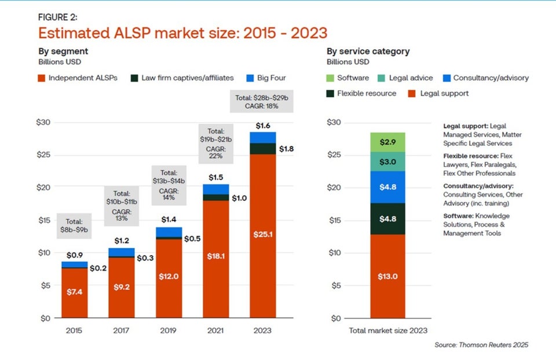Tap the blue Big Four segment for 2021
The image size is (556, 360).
pyautogui.click(x=215, y=189)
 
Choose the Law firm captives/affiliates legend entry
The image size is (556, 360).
pyautogui.click(x=184, y=78)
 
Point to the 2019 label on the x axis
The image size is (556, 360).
pyautogui.click(x=168, y=331)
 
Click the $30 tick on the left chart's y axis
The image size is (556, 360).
pyautogui.click(x=45, y=122)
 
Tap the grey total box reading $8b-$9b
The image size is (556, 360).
pyautogui.click(x=74, y=225)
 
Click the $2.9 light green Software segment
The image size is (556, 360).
pyautogui.click(x=387, y=142)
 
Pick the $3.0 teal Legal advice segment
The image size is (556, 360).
pyautogui.click(x=387, y=161)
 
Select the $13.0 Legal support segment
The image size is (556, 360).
pyautogui.click(x=387, y=276)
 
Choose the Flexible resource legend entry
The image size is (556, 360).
pyautogui.click(x=362, y=93)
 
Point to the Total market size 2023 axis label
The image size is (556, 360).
pyautogui.click(x=387, y=331)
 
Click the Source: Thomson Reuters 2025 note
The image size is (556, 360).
pyautogui.click(x=481, y=345)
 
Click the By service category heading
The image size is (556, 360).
pyautogui.click(x=368, y=52)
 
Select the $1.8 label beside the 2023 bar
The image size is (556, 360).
pyautogui.click(x=287, y=149)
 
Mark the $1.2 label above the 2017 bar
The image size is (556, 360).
pyautogui.click(x=122, y=240)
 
